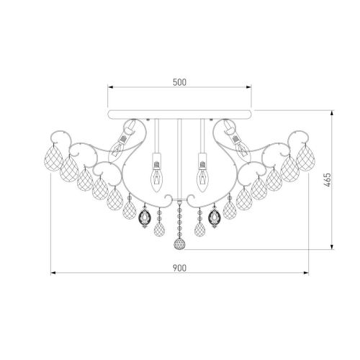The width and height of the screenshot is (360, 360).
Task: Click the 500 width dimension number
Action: (179, 81)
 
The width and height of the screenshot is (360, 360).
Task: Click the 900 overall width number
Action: (179, 267)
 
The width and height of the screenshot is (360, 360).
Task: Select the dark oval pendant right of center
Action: (213, 217)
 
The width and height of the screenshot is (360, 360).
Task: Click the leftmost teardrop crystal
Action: (53, 158)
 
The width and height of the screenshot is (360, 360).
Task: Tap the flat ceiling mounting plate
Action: (179, 114)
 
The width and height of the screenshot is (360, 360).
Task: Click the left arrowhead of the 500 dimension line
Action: (109, 88)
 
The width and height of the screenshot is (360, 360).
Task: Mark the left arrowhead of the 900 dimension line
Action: (51, 274)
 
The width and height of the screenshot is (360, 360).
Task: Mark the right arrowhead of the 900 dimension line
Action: (307, 274)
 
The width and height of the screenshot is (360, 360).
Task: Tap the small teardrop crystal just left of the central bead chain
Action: (160, 228)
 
